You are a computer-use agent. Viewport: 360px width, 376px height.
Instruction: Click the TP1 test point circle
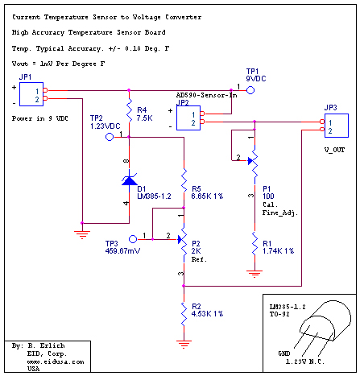[x=250, y=90]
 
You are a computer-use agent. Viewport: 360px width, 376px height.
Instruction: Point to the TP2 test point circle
[x=110, y=137]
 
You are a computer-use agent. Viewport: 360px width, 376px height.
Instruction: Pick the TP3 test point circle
[x=133, y=239]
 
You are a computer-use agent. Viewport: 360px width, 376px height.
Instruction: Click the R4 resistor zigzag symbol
[x=129, y=110]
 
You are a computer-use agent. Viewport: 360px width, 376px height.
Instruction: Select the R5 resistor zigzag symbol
[x=184, y=180]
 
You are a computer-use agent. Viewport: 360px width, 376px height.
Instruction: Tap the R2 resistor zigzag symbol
[x=184, y=314]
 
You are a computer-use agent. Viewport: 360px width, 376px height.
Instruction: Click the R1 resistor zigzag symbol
[x=254, y=244]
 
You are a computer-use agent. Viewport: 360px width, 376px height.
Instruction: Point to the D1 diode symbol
[x=130, y=180]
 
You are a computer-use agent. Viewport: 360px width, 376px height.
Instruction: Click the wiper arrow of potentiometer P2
[x=180, y=239]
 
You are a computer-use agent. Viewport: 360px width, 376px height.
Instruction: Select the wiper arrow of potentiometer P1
[x=250, y=161]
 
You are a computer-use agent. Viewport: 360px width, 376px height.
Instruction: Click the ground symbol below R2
[x=184, y=344]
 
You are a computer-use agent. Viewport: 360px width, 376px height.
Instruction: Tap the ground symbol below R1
[x=254, y=274]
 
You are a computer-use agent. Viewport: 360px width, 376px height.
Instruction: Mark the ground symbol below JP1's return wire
[x=82, y=235]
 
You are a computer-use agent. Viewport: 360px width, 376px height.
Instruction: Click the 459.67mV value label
[x=122, y=251]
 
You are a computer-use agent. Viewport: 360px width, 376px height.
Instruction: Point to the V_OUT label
[x=334, y=150]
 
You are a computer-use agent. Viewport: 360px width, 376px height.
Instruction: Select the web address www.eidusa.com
[x=56, y=362]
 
